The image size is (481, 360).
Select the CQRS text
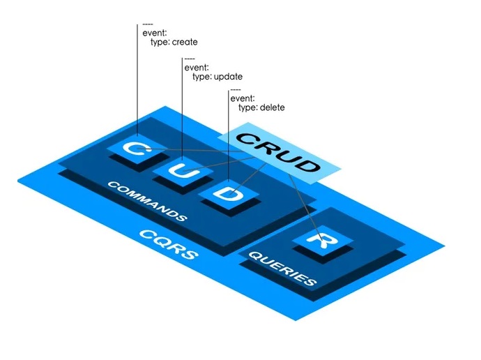(x=167, y=248)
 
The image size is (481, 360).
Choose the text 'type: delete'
(x=261, y=108)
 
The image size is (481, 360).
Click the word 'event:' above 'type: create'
(x=154, y=32)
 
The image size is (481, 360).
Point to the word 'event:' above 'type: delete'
(x=242, y=98)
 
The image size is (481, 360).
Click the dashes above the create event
(x=148, y=23)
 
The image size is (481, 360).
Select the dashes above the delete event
(x=236, y=89)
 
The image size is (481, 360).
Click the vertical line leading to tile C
(x=138, y=84)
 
